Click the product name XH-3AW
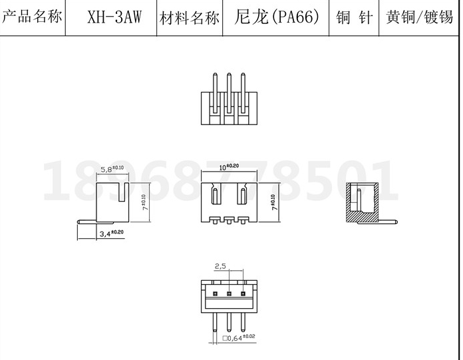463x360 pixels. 114,16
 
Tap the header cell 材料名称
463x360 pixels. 189,17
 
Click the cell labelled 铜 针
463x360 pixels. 354,17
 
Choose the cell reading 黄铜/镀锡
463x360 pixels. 419,17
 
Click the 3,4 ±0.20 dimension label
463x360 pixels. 110,233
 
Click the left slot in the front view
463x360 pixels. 216,196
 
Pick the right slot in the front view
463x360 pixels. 242,196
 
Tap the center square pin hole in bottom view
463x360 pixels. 229,293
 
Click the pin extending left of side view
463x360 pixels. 86,221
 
